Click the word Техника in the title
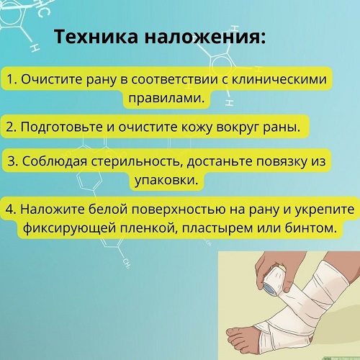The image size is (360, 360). click(96, 37)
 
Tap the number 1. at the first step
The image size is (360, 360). click(12, 79)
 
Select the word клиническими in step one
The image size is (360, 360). click(279, 79)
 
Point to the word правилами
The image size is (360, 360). click(166, 98)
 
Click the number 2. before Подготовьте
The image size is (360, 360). click(12, 127)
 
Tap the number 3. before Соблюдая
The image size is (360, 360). click(13, 161)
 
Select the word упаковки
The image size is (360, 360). click(166, 180)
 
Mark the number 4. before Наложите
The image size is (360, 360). click(11, 210)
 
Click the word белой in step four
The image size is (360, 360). click(108, 209)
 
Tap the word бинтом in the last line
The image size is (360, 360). click(311, 228)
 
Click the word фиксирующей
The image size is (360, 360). click(70, 228)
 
